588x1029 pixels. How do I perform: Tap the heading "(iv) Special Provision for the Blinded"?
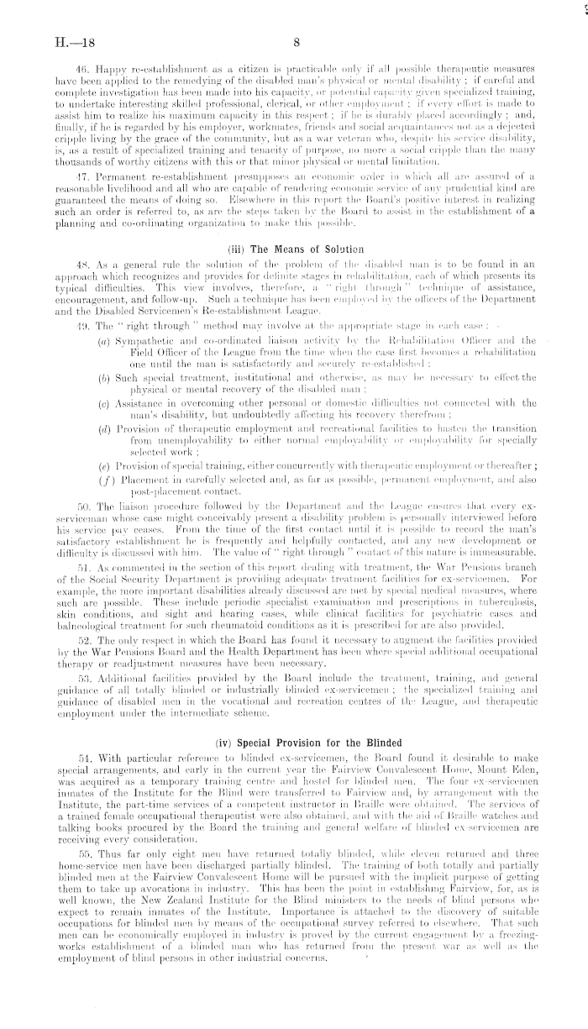(295, 718)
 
